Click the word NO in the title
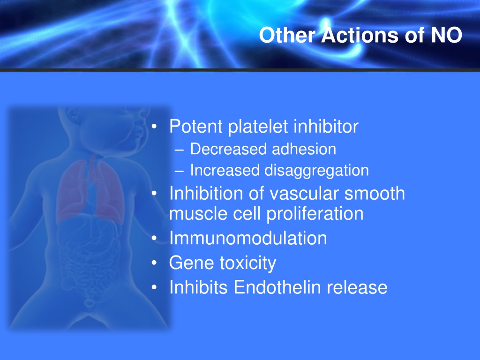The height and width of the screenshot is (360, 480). (x=447, y=35)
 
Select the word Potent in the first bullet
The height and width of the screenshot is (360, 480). (x=196, y=126)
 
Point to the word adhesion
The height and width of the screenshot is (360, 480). (x=304, y=149)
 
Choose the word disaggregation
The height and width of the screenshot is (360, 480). (x=316, y=171)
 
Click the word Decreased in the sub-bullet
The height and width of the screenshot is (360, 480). (x=228, y=149)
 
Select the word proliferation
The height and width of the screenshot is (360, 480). (x=315, y=214)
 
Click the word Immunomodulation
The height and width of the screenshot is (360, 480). (x=248, y=238)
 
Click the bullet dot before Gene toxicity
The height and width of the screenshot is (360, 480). (x=154, y=262)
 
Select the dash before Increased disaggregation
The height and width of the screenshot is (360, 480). (x=179, y=171)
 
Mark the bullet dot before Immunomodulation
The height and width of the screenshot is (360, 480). (x=154, y=238)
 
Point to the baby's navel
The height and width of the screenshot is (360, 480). (x=89, y=303)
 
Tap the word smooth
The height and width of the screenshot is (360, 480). (x=375, y=194)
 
